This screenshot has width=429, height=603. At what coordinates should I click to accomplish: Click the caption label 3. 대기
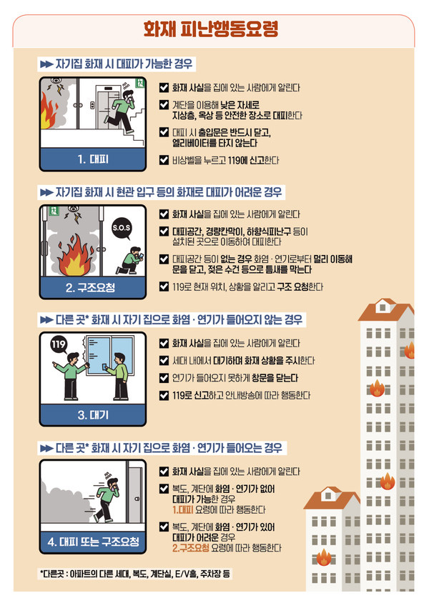(93, 414)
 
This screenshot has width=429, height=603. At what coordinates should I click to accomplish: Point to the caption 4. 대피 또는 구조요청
(93, 542)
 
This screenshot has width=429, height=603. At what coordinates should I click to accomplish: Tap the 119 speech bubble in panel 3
(60, 347)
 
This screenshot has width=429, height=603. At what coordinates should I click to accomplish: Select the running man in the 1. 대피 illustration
(129, 114)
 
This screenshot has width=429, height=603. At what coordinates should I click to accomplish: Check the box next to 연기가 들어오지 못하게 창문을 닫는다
(164, 377)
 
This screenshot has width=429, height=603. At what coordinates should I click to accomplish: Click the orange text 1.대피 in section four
(184, 509)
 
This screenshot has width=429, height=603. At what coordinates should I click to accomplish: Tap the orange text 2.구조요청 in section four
(191, 547)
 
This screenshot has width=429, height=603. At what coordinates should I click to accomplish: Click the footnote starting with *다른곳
(136, 574)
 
